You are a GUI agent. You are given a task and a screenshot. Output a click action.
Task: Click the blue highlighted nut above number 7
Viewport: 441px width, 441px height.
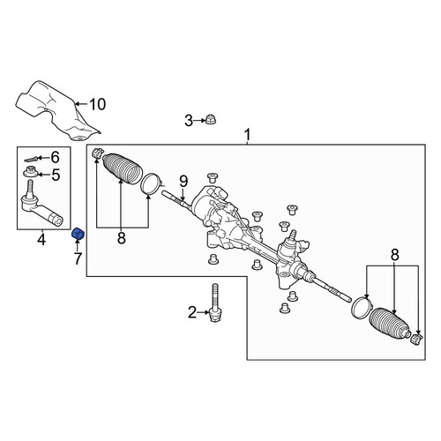[78, 234]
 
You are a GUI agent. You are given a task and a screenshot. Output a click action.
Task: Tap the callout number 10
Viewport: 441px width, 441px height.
[97, 104]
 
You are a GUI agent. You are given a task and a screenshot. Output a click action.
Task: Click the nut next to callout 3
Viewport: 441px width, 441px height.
[210, 120]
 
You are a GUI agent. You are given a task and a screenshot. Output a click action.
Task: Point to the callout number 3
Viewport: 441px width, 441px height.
[189, 121]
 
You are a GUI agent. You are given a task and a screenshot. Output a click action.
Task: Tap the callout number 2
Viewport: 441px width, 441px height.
[192, 312]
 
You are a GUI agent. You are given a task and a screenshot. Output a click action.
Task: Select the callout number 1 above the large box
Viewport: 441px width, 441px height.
[248, 135]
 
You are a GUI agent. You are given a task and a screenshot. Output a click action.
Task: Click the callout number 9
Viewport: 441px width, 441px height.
[183, 182]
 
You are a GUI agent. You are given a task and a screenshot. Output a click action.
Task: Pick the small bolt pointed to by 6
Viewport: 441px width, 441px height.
[31, 160]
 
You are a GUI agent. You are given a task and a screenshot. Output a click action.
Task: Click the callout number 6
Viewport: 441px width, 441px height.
[55, 157]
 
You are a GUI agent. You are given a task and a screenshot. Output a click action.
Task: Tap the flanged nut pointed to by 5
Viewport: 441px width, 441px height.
[31, 172]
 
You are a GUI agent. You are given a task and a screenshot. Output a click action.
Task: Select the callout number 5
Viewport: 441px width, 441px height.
[56, 175]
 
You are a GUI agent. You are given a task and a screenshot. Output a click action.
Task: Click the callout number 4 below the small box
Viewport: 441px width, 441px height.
[41, 240]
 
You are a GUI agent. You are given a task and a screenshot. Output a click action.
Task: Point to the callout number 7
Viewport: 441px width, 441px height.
[78, 258]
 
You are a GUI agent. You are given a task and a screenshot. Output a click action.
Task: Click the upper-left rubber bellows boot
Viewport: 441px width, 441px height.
[123, 168]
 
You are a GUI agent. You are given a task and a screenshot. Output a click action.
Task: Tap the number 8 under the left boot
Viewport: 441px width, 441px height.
[122, 238]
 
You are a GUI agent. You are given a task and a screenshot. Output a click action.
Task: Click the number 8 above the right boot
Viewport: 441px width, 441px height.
[395, 255]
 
